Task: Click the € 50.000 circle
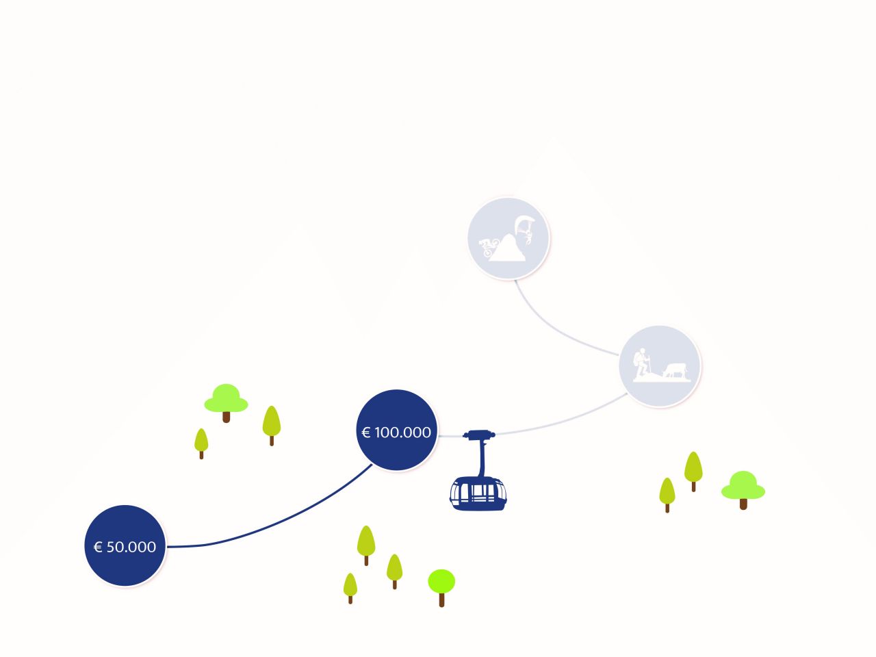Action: (x=125, y=545)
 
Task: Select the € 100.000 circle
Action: (x=397, y=430)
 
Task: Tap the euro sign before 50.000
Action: (x=98, y=547)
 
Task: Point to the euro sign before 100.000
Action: (x=365, y=433)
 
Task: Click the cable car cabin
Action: (x=478, y=494)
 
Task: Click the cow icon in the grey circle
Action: (x=675, y=370)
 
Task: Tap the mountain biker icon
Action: (x=489, y=247)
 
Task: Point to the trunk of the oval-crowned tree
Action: (x=442, y=600)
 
